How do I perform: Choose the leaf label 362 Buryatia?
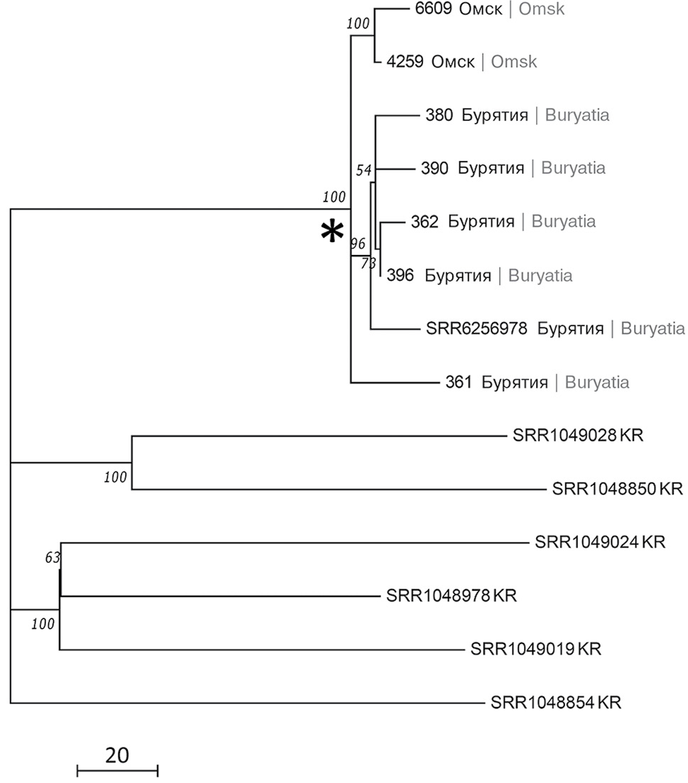pyautogui.click(x=503, y=221)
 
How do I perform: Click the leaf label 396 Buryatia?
pyautogui.click(x=480, y=275)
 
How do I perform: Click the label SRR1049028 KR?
pyautogui.click(x=577, y=435)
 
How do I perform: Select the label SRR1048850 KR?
pyautogui.click(x=616, y=488)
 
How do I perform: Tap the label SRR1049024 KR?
pyautogui.click(x=599, y=542)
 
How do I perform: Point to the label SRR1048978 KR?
pyautogui.click(x=452, y=595)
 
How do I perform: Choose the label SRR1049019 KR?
pyautogui.click(x=535, y=649)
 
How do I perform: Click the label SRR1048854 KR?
pyautogui.click(x=556, y=703)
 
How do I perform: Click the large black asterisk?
pyautogui.click(x=332, y=233)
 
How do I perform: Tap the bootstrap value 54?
pyautogui.click(x=364, y=170)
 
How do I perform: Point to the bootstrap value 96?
pyautogui.click(x=357, y=243)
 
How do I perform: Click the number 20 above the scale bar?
pyautogui.click(x=116, y=755)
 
